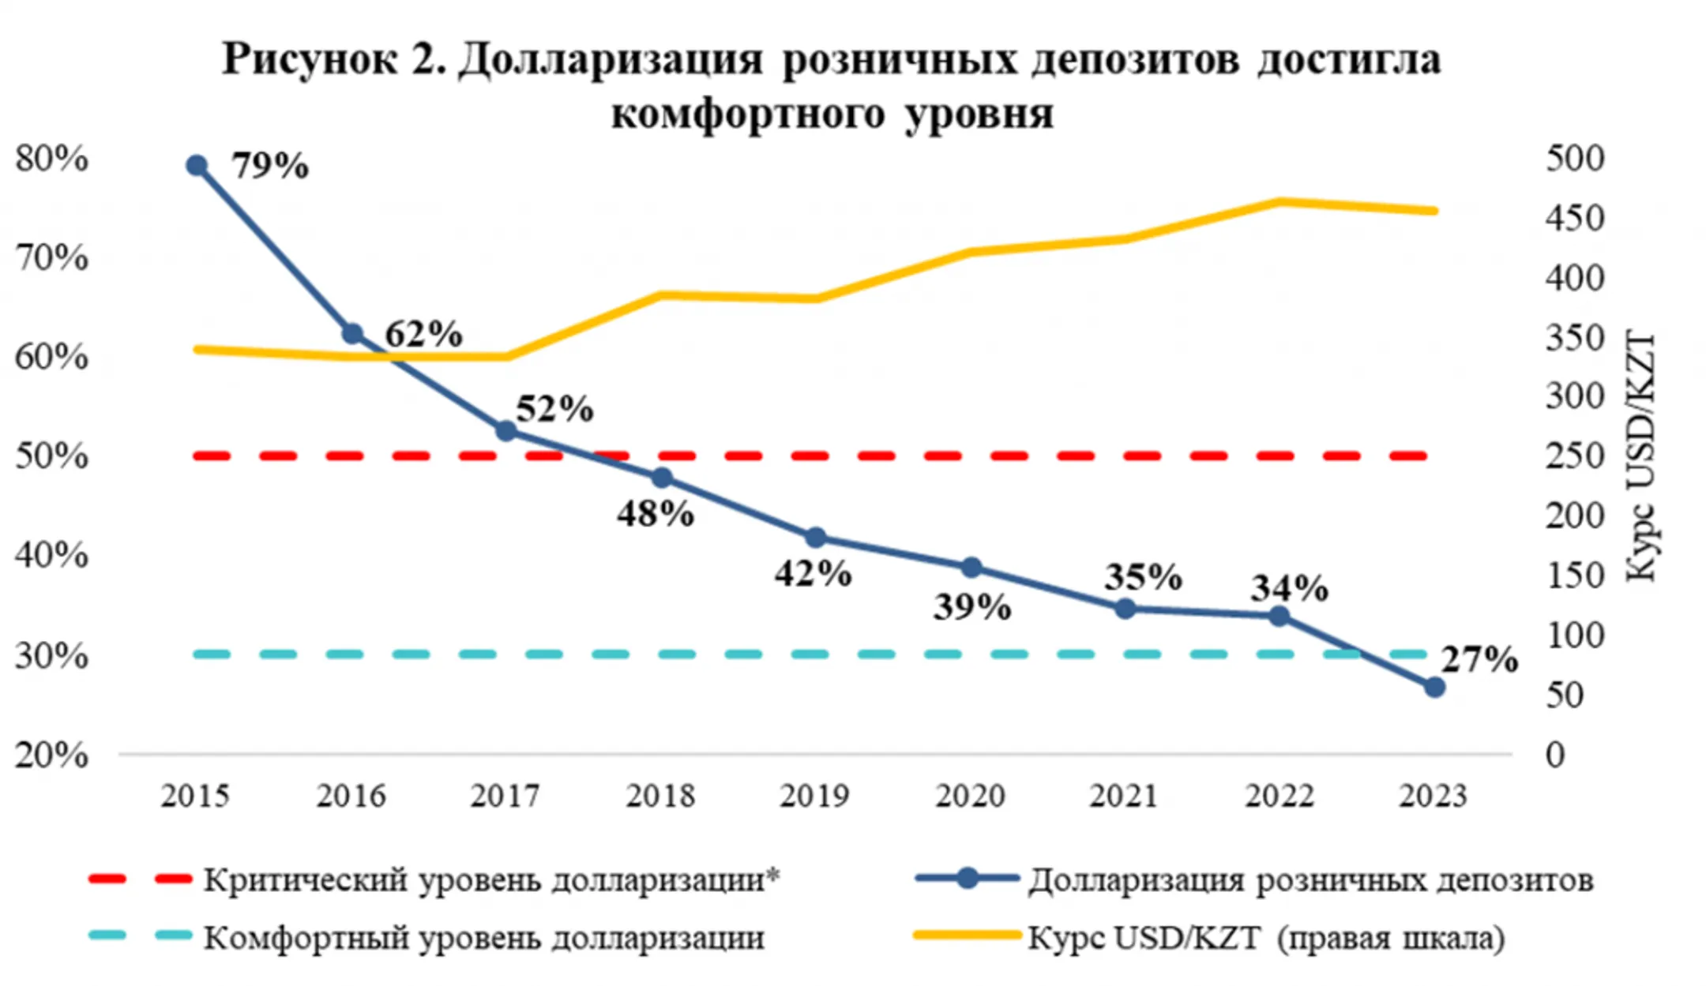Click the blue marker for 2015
197,166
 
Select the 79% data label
270,166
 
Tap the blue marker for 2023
1434,688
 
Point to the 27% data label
1479,659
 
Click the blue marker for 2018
662,478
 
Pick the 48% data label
656,514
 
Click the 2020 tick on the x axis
970,796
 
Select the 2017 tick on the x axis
505,796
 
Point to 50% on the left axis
51,456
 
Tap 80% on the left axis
51,159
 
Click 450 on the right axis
1575,219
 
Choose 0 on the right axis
1555,755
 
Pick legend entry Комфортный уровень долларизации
483,938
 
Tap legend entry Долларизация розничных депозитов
1310,879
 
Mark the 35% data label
1143,577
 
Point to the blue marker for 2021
1125,609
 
